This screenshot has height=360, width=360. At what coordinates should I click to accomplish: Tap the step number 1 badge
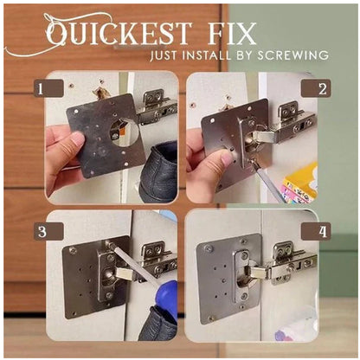pyautogui.click(x=48, y=89)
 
